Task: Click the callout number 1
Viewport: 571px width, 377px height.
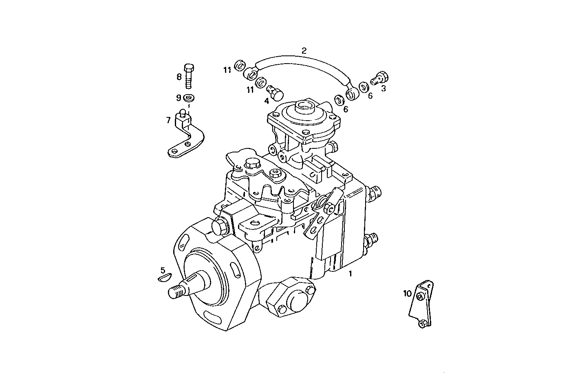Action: pos(350,274)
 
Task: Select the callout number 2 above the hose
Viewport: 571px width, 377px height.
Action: pos(304,51)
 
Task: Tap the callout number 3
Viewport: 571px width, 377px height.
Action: pos(383,88)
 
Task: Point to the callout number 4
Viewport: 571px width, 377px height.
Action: pos(266,101)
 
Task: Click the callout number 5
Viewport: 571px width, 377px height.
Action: pos(163,270)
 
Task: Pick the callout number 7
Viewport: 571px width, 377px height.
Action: pos(168,120)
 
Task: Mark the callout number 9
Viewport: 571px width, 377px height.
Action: pos(179,98)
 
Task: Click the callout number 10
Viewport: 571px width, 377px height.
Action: pos(408,293)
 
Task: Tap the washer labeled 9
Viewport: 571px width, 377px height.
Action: pos(188,98)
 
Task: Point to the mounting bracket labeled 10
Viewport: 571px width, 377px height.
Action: pos(422,304)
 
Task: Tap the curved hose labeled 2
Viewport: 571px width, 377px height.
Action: pos(304,61)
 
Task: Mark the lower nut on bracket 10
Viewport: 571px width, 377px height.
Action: pos(423,324)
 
